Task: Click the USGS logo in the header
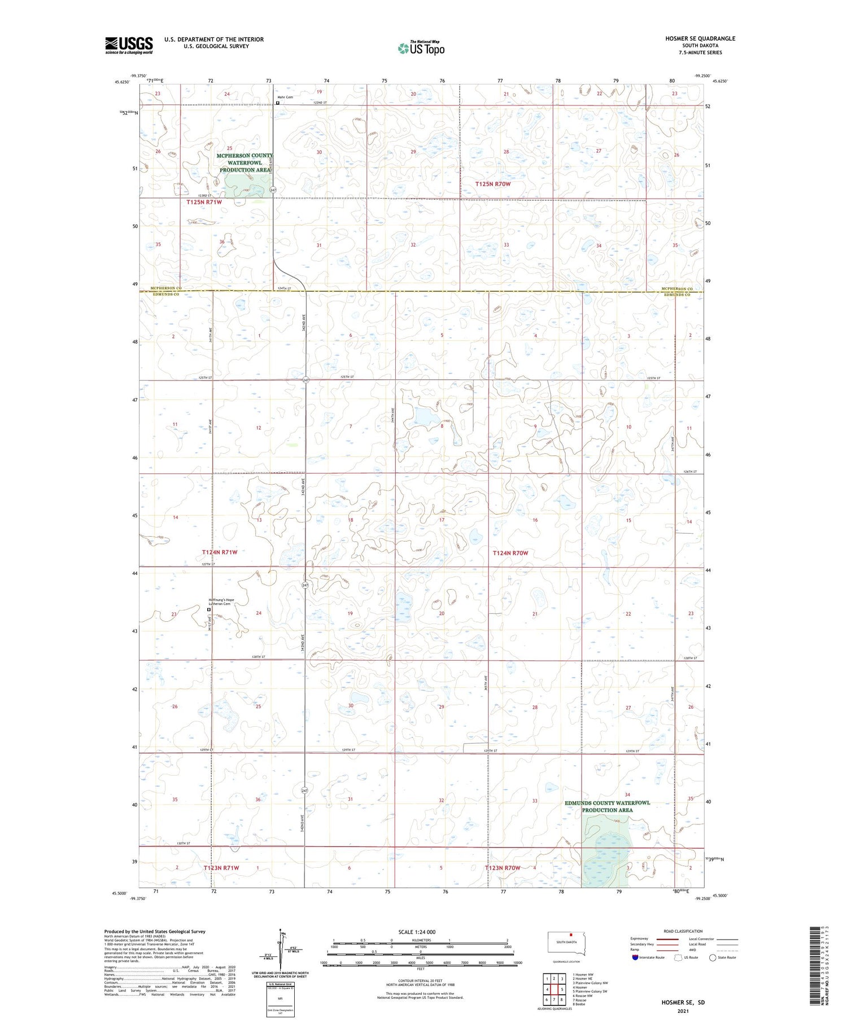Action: click(x=129, y=45)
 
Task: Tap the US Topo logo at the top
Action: click(x=421, y=49)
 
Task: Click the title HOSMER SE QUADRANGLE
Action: click(x=700, y=38)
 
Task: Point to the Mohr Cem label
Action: click(x=285, y=97)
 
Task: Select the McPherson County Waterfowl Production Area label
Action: click(x=245, y=163)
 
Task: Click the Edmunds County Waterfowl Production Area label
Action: click(x=607, y=806)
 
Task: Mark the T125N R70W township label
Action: click(x=492, y=184)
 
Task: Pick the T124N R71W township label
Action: click(x=220, y=552)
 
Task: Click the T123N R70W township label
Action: click(x=502, y=867)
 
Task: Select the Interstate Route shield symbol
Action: click(x=635, y=958)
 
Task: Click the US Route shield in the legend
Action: click(x=678, y=958)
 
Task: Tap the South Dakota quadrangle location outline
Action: click(x=566, y=942)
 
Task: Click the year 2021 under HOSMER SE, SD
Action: click(x=683, y=1012)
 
